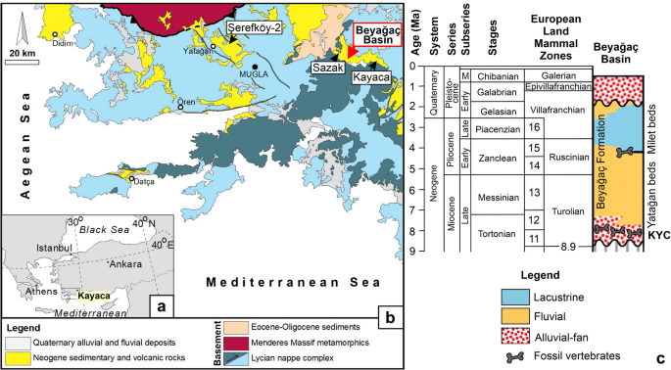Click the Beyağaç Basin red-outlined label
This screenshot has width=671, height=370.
(x=377, y=36)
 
